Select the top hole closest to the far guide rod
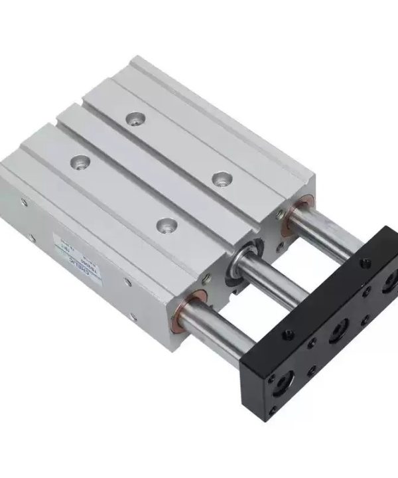pos(220,178)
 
